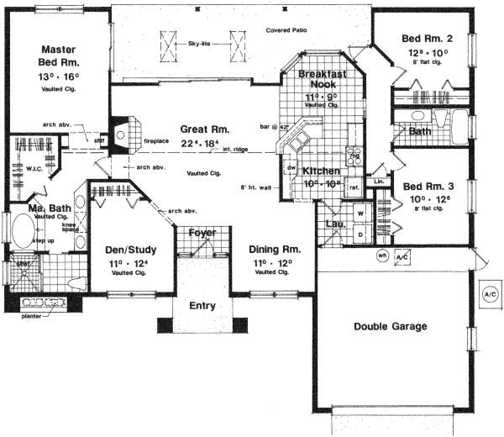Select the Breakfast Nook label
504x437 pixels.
(x=323, y=79)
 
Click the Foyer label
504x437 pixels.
(x=202, y=232)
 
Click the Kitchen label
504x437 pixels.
(x=322, y=171)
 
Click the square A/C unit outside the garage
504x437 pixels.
(x=490, y=295)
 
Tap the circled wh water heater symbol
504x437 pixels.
(x=381, y=256)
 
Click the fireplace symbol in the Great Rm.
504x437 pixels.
(x=121, y=133)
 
